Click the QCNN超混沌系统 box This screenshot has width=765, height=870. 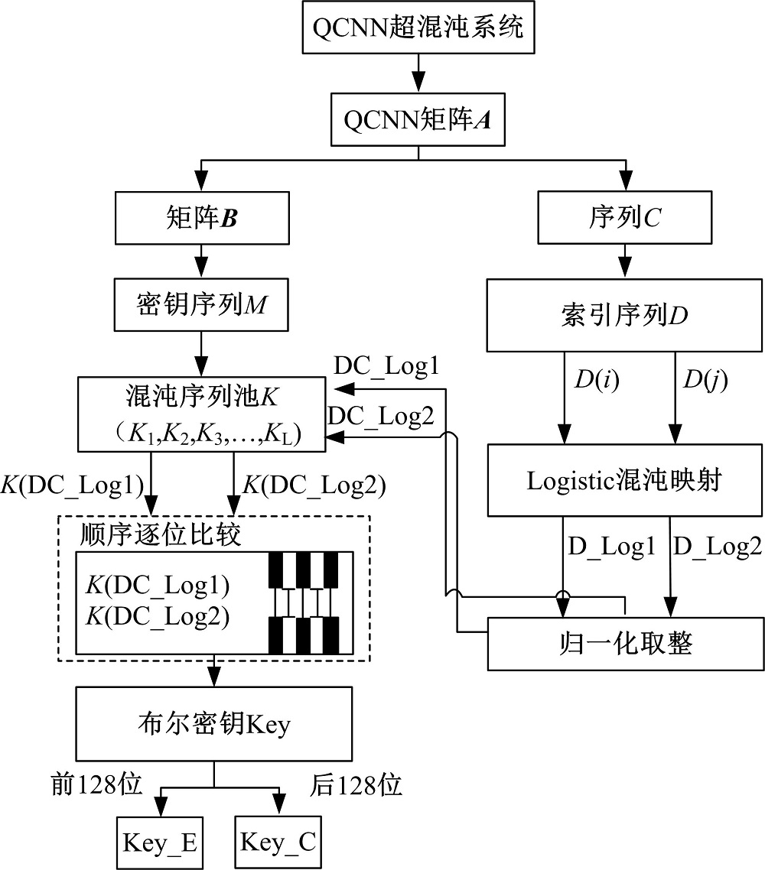click(x=418, y=28)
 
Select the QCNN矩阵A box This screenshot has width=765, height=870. click(x=418, y=120)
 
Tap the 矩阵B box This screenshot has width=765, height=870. click(x=201, y=218)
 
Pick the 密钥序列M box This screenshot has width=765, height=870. click(x=201, y=307)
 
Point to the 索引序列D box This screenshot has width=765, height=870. click(x=626, y=316)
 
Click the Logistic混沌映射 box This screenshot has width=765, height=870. click(x=626, y=480)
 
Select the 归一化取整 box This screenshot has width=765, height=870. click(x=626, y=643)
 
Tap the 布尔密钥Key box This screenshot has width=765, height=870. click(x=213, y=723)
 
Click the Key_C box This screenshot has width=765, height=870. click(x=277, y=842)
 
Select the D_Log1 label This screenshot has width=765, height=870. click(x=612, y=545)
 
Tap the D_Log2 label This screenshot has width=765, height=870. click(x=717, y=545)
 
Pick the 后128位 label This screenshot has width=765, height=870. click(x=356, y=785)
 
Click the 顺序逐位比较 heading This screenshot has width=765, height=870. click(x=160, y=534)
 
